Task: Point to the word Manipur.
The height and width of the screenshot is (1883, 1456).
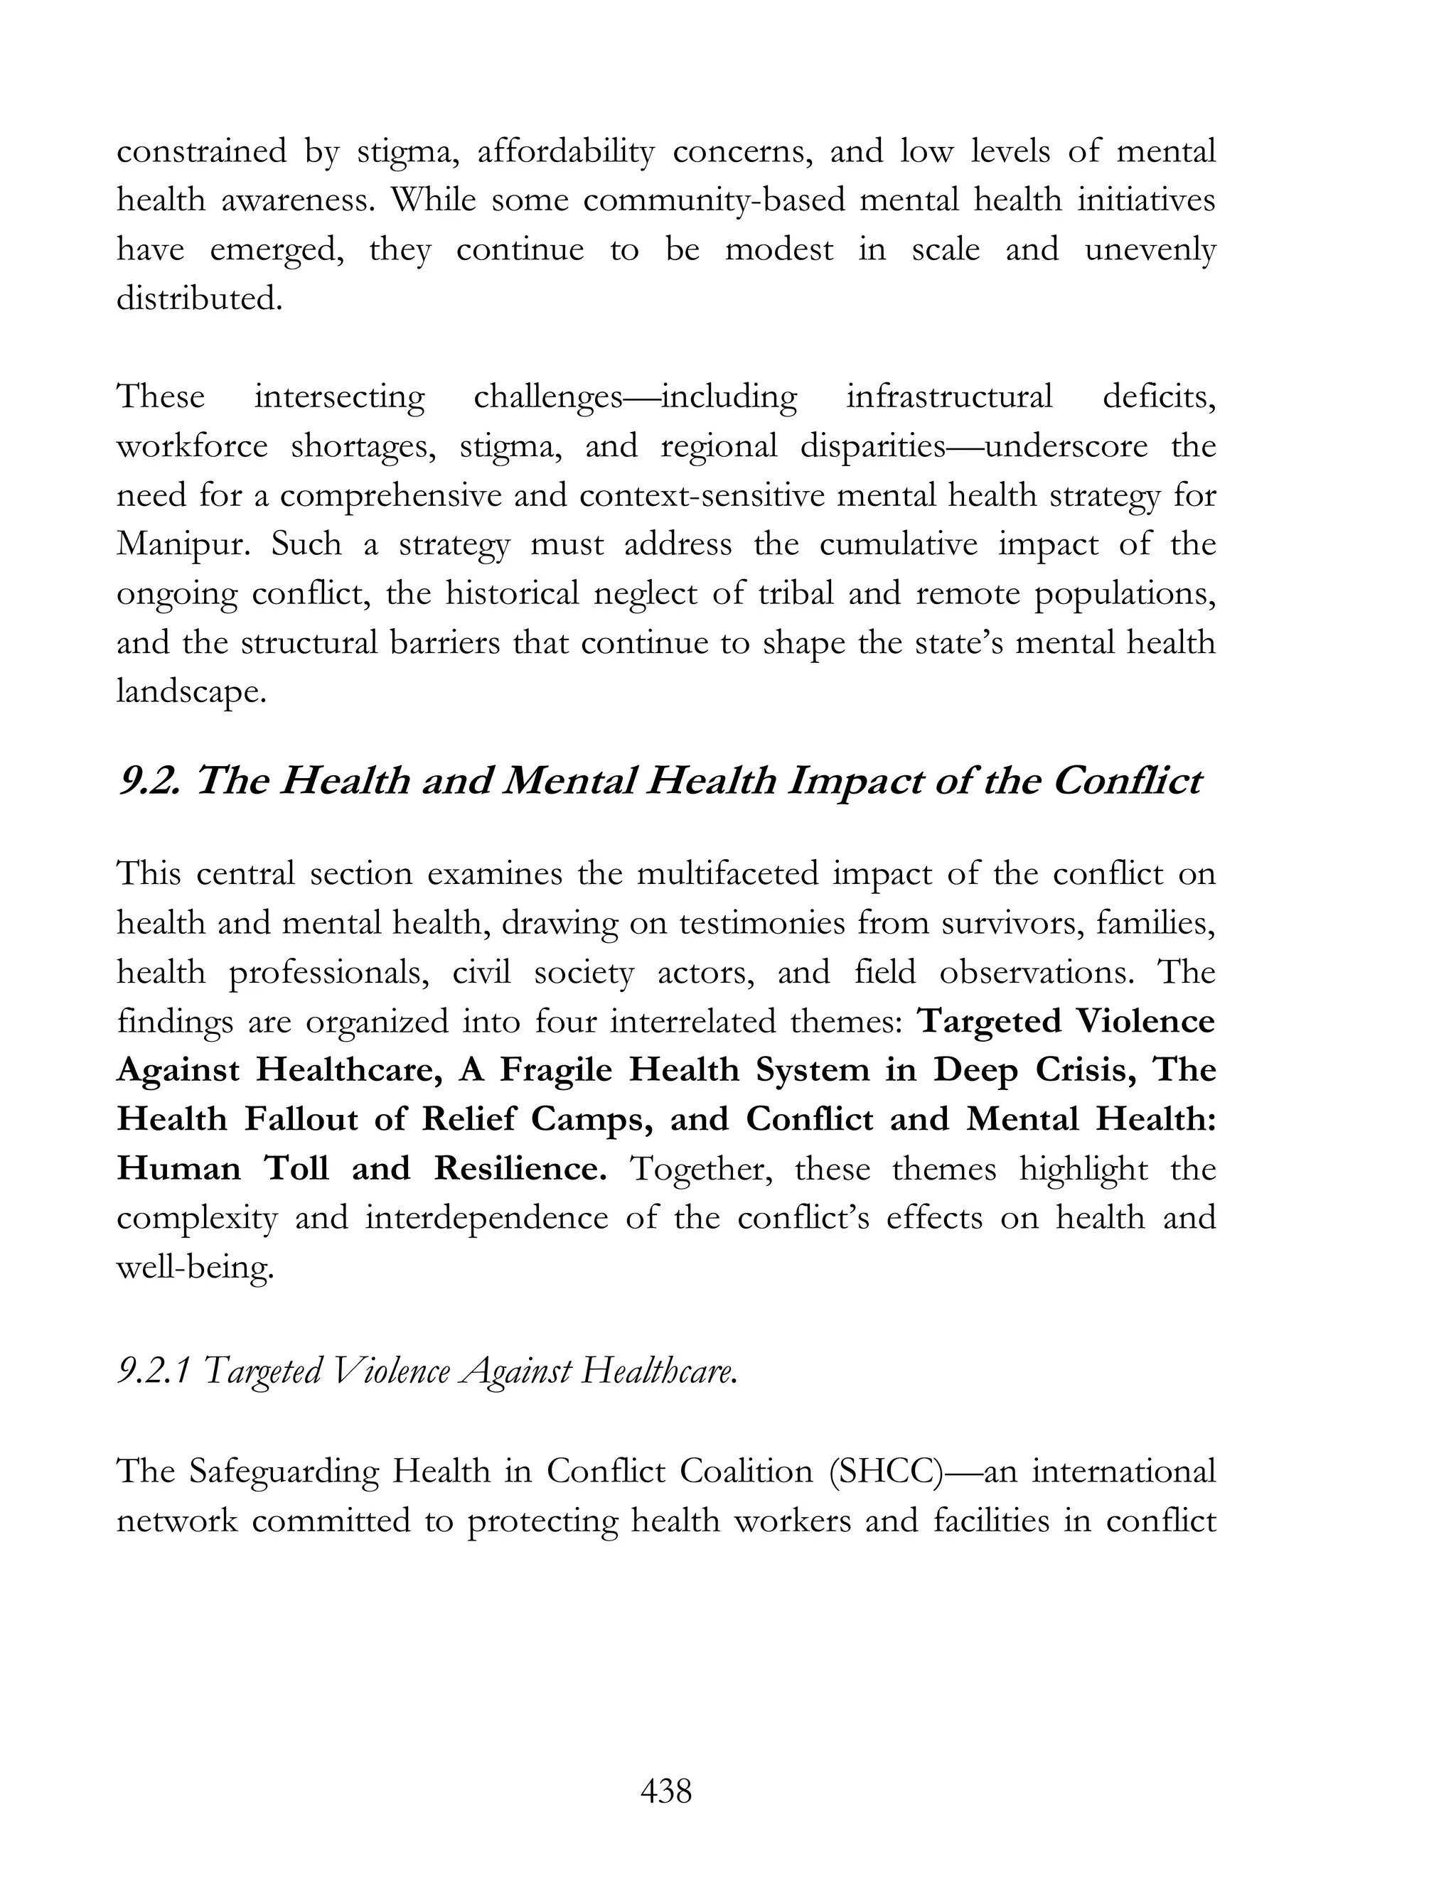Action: (181, 545)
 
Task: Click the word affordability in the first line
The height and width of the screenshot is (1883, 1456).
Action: (566, 152)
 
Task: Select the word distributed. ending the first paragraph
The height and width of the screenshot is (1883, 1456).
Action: (199, 299)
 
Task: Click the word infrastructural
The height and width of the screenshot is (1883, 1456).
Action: (949, 397)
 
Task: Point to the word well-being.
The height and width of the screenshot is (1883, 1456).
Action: (195, 1268)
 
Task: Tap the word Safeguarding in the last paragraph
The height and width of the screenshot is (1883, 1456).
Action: (283, 1471)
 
